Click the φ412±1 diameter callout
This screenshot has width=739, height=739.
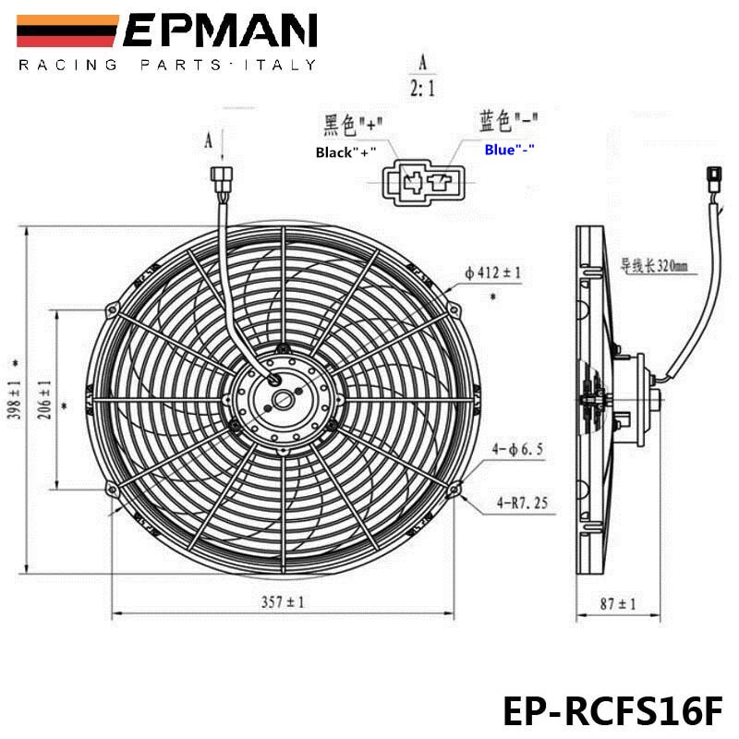coord(493,273)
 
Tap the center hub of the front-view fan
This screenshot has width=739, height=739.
coord(281,399)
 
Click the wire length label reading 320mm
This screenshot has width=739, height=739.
coord(655,267)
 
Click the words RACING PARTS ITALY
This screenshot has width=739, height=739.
coord(167,65)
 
